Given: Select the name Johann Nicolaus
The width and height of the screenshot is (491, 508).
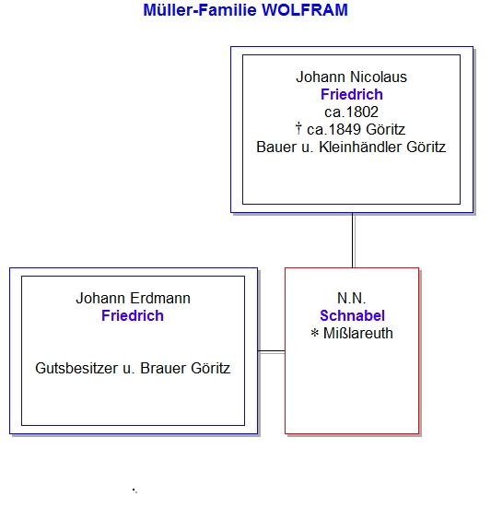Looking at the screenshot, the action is click(x=351, y=77).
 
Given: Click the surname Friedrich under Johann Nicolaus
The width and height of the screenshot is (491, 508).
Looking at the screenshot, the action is click(x=352, y=95).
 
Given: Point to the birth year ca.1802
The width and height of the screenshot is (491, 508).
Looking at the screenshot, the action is click(x=351, y=112).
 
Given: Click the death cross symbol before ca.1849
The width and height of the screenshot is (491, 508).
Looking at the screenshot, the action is click(x=298, y=128).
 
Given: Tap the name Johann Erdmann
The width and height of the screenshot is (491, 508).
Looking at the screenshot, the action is click(x=133, y=299).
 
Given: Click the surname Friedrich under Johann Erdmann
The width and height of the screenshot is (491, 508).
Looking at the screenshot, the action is click(x=133, y=316).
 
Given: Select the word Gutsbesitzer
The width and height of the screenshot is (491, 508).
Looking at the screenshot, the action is click(x=76, y=369).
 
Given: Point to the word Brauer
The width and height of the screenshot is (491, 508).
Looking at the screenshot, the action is click(x=163, y=369).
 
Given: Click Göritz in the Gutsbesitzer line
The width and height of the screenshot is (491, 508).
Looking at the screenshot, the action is click(x=210, y=369).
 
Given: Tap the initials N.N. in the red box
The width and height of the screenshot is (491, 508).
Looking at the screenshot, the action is click(x=352, y=299).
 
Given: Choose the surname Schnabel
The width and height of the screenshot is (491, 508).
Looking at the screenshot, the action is click(x=352, y=316).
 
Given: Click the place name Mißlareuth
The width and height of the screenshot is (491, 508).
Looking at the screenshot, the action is click(x=358, y=334).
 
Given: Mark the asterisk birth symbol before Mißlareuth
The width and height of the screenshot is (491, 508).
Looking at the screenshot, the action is click(x=315, y=333).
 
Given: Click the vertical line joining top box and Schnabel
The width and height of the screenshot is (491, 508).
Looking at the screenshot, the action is click(x=353, y=241).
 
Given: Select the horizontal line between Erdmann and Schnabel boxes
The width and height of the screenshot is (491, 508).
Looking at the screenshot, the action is click(x=271, y=351).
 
